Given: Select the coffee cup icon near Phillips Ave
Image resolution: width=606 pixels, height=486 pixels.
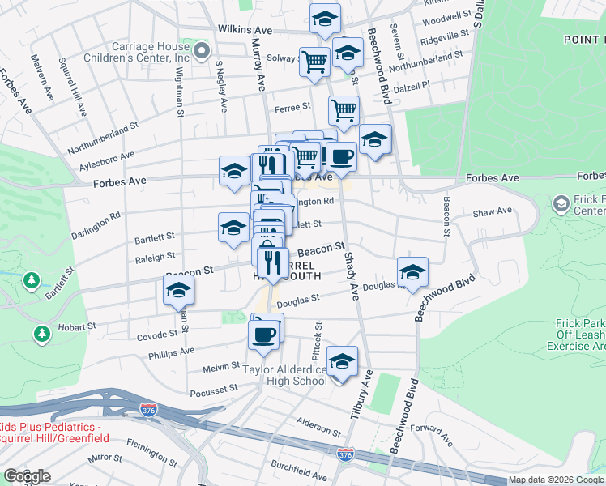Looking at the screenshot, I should tap(264, 333).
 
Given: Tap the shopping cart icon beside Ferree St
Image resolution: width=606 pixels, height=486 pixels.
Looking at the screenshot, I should tap(344, 109).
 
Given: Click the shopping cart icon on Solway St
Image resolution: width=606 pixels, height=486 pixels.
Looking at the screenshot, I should tap(314, 61).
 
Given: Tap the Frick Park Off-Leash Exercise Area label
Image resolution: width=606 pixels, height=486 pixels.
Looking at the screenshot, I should tap(579, 335).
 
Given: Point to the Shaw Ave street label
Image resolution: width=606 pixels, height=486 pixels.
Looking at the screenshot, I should tap(493, 211).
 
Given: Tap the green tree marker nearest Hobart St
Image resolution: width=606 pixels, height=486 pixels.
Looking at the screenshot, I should tap(41, 333).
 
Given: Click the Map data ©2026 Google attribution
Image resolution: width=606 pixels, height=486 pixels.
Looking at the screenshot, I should tap(556, 480).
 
